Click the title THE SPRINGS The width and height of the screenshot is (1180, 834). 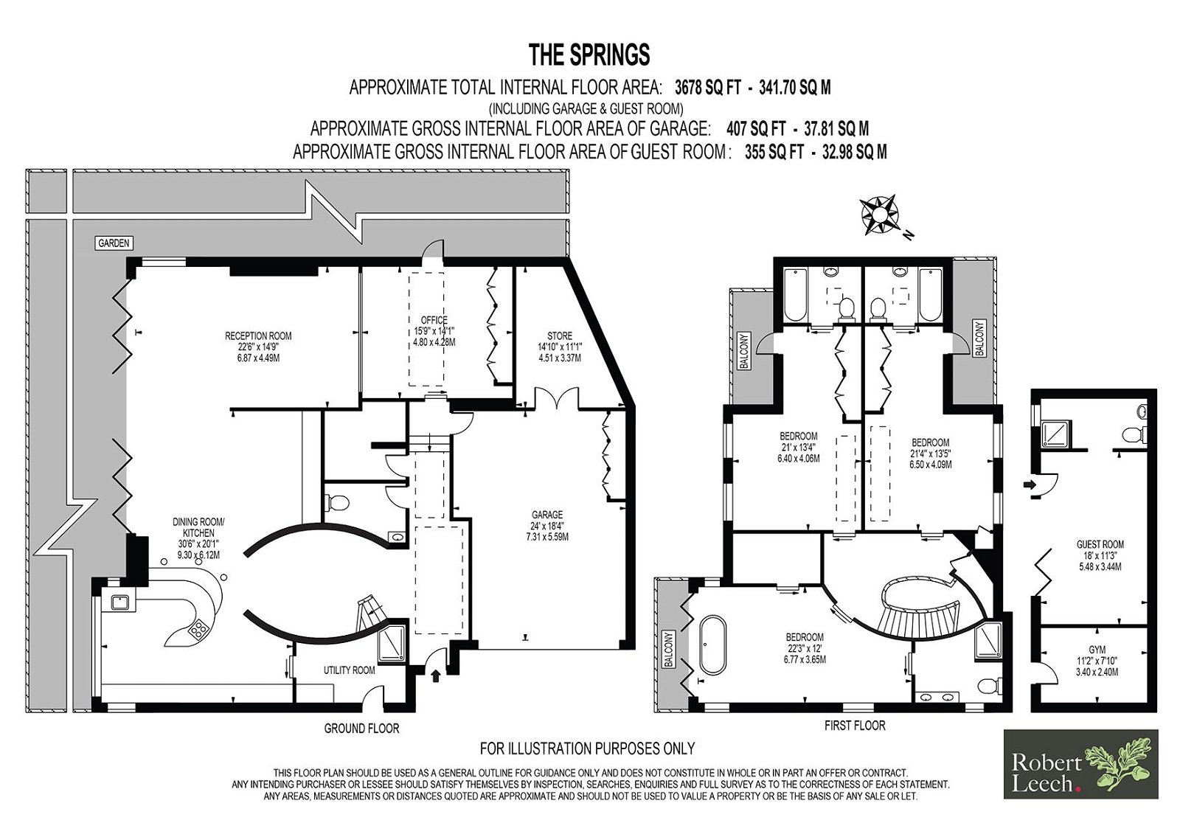pyautogui.click(x=589, y=55)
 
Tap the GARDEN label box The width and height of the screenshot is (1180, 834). pyautogui.click(x=114, y=243)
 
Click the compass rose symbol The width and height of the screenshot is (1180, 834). pyautogui.click(x=879, y=215)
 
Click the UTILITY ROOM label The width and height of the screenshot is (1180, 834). pyautogui.click(x=350, y=670)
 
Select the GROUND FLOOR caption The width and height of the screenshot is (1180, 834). pyautogui.click(x=361, y=729)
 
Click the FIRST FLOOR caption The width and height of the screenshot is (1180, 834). pyautogui.click(x=855, y=726)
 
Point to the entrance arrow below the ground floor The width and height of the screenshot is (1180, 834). pyautogui.click(x=436, y=675)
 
